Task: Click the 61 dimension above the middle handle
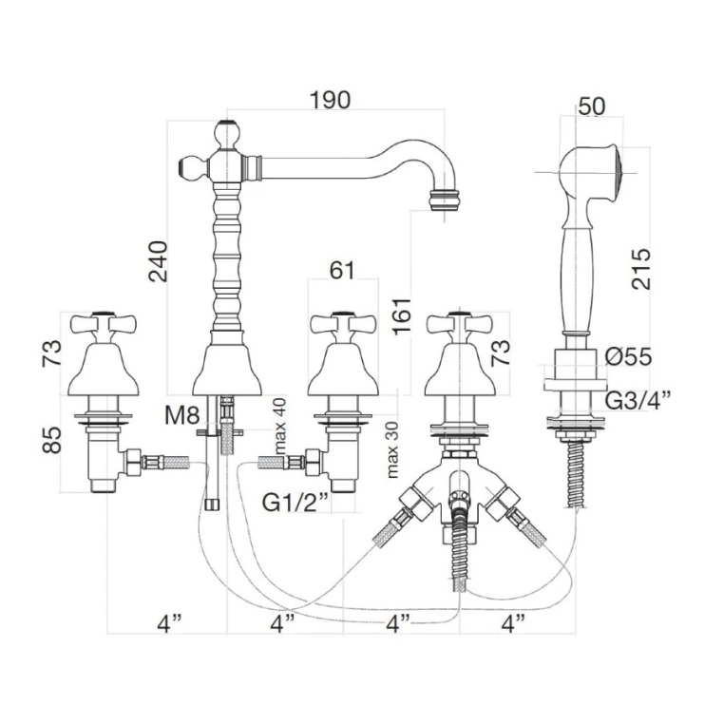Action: (341, 271)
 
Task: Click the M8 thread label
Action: (181, 415)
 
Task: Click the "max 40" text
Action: (278, 425)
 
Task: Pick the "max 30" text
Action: (392, 450)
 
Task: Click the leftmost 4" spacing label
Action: (169, 624)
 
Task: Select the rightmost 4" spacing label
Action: (513, 624)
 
